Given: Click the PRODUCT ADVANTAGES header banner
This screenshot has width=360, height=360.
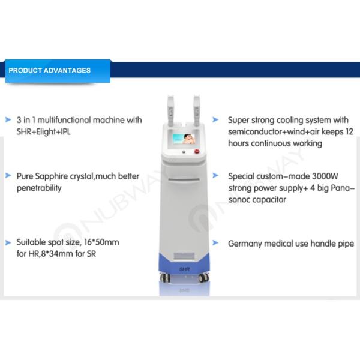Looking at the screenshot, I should (x=56, y=70).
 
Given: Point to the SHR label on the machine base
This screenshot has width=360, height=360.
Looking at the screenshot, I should (x=184, y=269).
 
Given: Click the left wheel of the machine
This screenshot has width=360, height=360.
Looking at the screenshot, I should (x=165, y=277).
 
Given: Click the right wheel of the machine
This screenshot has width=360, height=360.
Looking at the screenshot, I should (x=203, y=277).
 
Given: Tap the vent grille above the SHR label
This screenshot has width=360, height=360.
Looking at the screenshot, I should (x=184, y=256).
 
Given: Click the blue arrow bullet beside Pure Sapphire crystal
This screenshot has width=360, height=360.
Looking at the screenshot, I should (x=8, y=177).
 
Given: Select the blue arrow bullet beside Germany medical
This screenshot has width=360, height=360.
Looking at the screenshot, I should (x=219, y=244).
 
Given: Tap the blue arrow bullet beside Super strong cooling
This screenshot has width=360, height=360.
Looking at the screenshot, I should (x=219, y=120).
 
